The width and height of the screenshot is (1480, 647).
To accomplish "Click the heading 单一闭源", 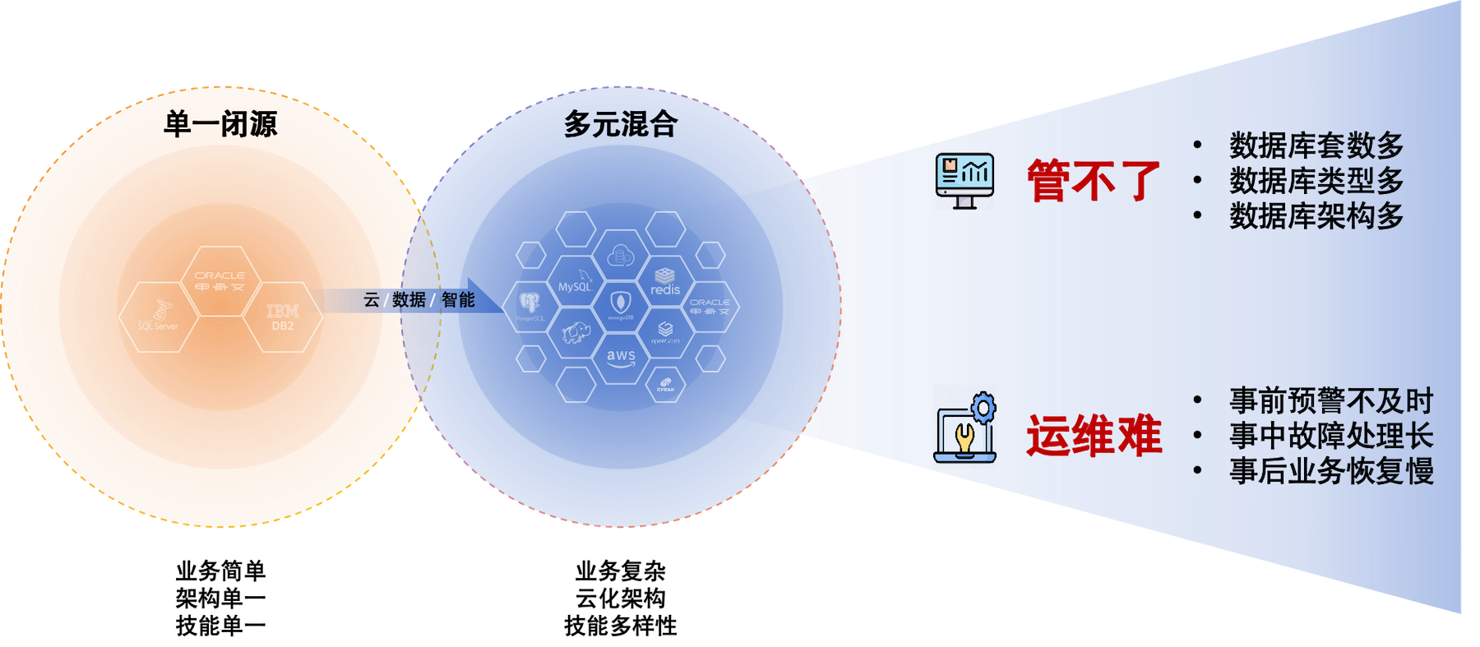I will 220,124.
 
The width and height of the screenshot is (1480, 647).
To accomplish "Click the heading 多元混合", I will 621,124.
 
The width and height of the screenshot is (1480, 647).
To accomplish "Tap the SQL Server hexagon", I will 158,317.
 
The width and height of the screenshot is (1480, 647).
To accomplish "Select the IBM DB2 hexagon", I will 283,317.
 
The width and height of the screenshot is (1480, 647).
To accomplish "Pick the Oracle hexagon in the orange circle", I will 220,281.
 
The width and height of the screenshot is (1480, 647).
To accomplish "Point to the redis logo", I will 665,282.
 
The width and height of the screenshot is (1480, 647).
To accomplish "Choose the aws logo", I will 621,358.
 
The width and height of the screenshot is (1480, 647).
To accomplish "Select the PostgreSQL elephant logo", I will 530,305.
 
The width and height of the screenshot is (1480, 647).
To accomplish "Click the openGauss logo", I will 665,331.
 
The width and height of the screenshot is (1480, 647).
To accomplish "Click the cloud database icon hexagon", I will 621,256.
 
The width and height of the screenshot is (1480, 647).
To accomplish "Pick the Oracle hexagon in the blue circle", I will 710,307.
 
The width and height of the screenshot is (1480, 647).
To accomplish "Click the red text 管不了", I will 1094,181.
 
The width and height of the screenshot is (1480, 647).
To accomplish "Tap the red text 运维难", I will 1094,436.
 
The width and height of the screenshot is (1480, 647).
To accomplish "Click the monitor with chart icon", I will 964,180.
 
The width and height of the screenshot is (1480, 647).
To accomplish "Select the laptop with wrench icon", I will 965,429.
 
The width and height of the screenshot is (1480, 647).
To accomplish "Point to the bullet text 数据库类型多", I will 1316,181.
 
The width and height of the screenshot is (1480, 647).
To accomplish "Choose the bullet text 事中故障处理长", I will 1331,436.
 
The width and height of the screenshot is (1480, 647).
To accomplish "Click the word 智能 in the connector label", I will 458,300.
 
